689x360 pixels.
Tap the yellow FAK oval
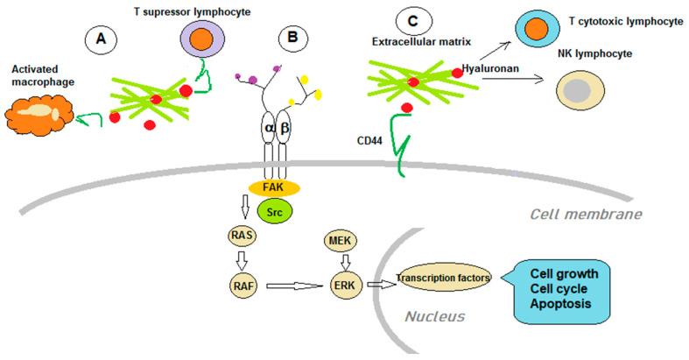click(x=275, y=187)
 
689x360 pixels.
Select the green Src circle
click(x=274, y=212)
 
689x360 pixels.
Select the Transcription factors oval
click(x=444, y=279)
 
